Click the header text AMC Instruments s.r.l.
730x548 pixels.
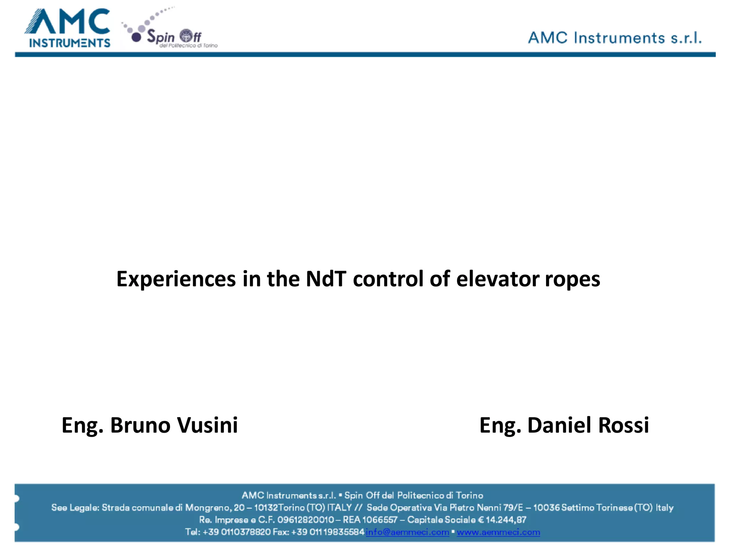pyautogui.click(x=615, y=38)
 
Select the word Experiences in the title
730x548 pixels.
pyautogui.click(x=176, y=279)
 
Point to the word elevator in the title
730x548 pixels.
pyautogui.click(x=498, y=279)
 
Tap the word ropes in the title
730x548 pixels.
pyautogui.click(x=572, y=279)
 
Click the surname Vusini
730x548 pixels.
pyautogui.click(x=207, y=425)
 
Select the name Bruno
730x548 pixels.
pyautogui.click(x=140, y=425)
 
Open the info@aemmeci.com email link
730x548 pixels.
pyautogui.click(x=407, y=532)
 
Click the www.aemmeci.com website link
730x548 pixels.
pyautogui.click(x=498, y=532)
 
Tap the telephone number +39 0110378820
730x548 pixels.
pyautogui.click(x=237, y=532)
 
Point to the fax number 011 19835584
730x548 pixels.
pyautogui.click(x=337, y=532)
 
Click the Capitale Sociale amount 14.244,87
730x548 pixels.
pyautogui.click(x=505, y=520)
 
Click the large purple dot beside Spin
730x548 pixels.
pyautogui.click(x=137, y=37)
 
